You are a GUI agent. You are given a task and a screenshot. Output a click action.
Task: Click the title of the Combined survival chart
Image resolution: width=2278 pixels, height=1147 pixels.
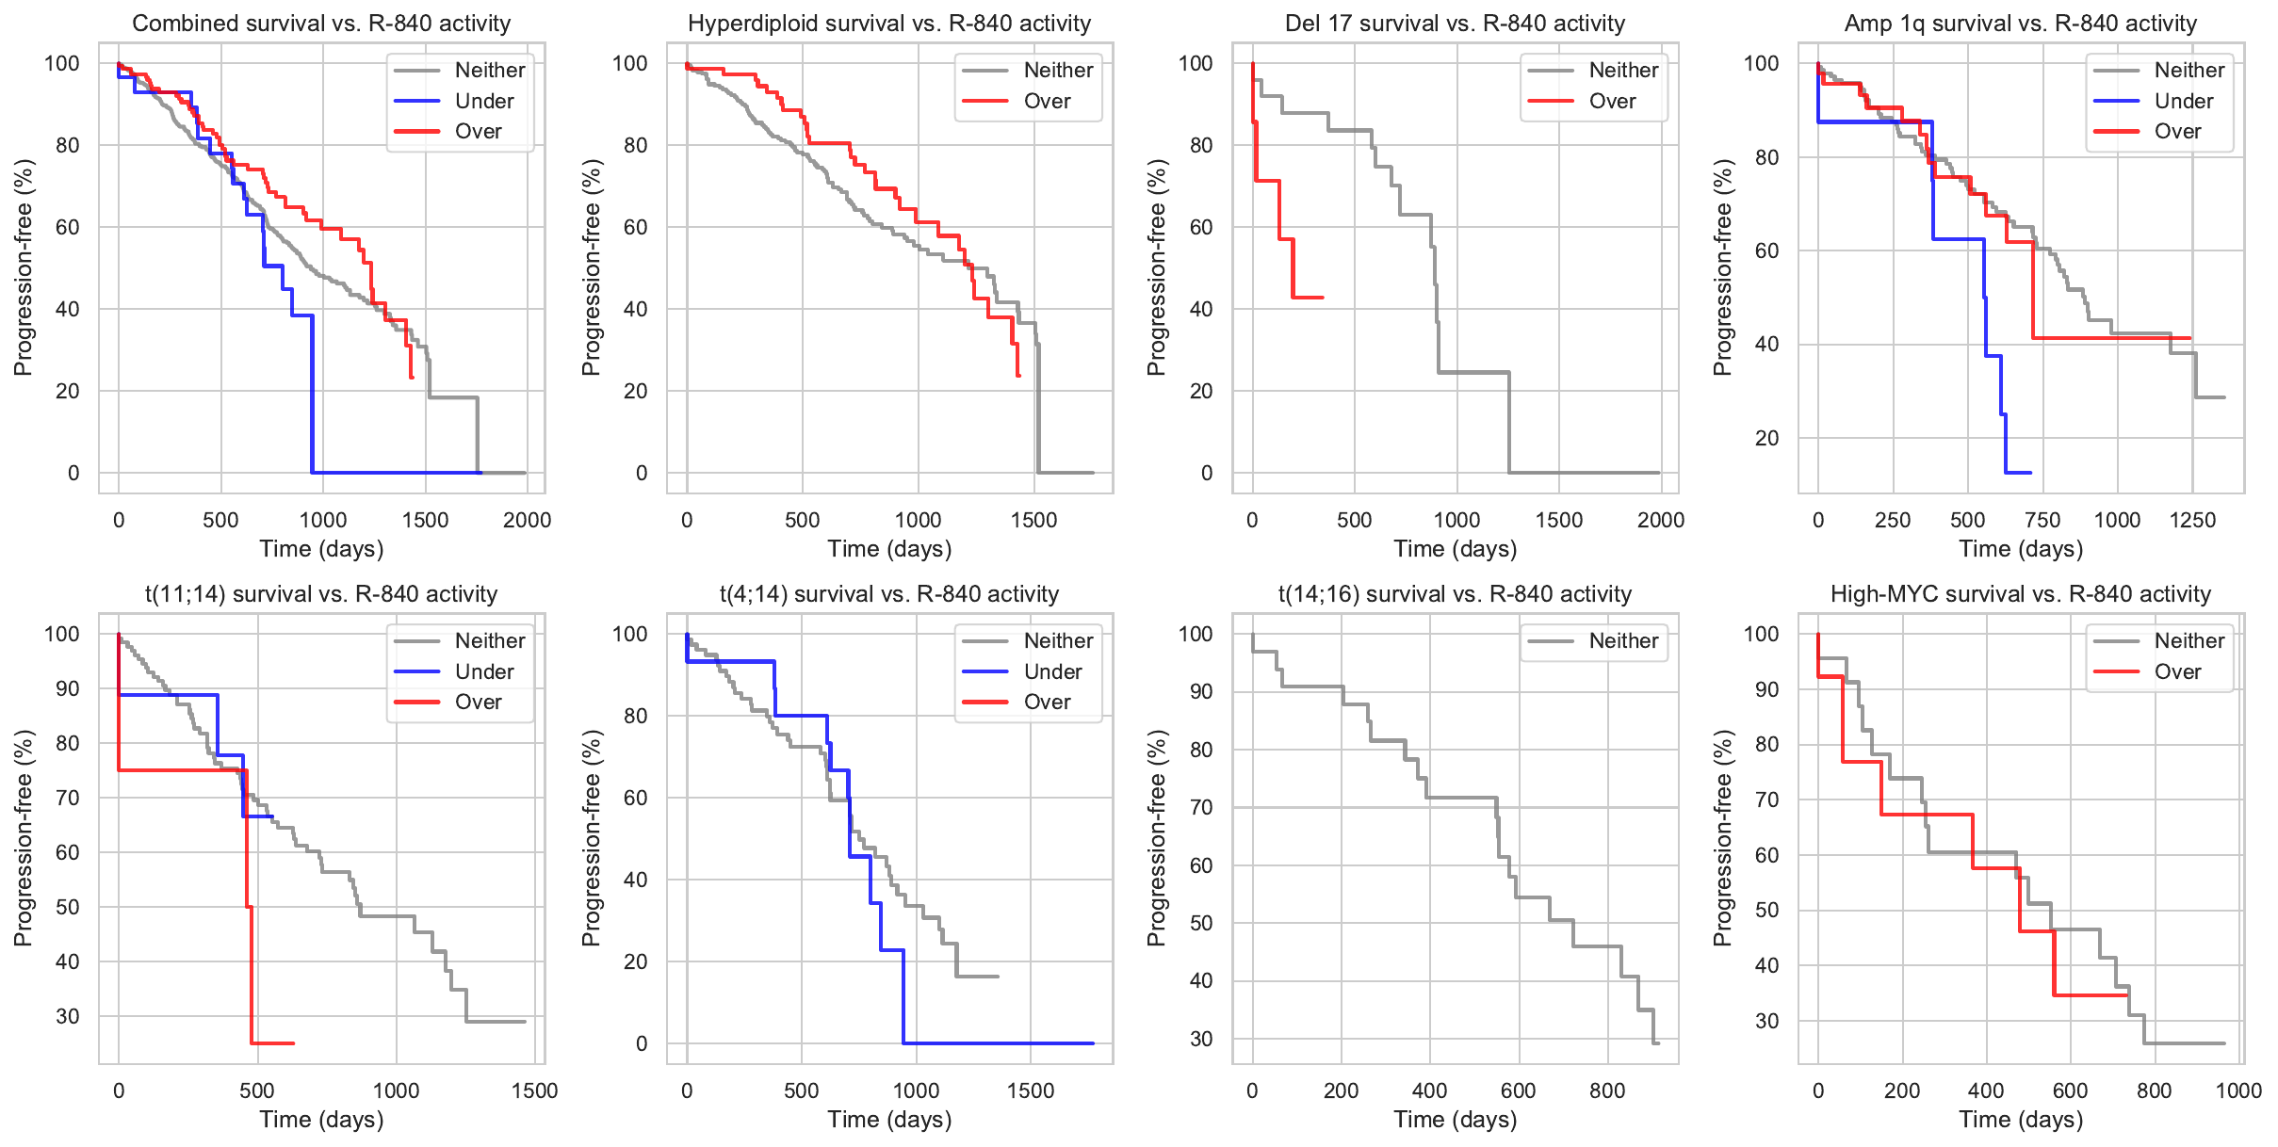pos(321,24)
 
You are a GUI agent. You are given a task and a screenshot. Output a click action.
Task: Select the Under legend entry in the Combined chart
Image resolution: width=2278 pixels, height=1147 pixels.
pos(483,101)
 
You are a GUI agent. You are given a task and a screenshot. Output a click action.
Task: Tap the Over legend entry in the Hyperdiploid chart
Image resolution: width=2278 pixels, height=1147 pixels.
pos(1047,101)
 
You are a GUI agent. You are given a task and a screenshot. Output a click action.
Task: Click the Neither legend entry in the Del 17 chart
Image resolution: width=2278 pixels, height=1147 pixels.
pos(1622,70)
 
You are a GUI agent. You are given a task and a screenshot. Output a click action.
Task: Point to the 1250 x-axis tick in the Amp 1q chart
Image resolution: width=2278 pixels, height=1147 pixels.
pos(2191,520)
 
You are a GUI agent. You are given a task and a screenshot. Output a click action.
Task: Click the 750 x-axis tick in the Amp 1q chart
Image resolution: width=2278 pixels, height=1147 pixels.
pos(2042,520)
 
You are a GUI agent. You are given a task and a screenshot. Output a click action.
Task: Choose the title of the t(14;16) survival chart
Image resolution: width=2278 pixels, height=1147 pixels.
pos(1455,594)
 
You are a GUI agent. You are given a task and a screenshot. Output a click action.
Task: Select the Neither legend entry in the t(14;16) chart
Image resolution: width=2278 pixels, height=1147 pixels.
pos(1622,640)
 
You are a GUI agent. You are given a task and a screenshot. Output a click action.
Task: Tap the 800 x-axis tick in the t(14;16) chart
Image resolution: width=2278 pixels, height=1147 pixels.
pos(1606,1090)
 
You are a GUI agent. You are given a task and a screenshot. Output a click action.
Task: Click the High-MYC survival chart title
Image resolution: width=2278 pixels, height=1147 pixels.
pos(2020,594)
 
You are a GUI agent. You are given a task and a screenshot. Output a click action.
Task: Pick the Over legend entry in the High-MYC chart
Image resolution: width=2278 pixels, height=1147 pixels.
pos(2177,671)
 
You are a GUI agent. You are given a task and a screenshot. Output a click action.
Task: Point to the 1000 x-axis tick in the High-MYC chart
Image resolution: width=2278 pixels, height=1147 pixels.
pos(2237,1090)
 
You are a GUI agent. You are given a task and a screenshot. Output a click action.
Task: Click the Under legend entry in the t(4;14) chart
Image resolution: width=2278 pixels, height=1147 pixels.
pos(1052,671)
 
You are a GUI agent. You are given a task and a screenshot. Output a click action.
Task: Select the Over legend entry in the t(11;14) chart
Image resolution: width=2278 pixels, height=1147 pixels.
pos(478,702)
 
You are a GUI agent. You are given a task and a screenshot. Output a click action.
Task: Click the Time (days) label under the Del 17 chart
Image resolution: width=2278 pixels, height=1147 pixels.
pos(1455,549)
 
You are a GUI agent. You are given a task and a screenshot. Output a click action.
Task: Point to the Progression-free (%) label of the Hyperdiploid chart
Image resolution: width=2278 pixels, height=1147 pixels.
pos(591,267)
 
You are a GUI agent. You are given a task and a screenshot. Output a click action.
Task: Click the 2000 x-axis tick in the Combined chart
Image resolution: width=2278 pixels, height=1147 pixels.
pos(527,520)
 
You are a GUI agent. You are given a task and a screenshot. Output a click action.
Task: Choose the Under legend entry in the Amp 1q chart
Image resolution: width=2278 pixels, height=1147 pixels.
pos(2183,101)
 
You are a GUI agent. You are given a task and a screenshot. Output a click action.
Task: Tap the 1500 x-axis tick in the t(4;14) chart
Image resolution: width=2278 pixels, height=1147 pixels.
pos(1030,1090)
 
